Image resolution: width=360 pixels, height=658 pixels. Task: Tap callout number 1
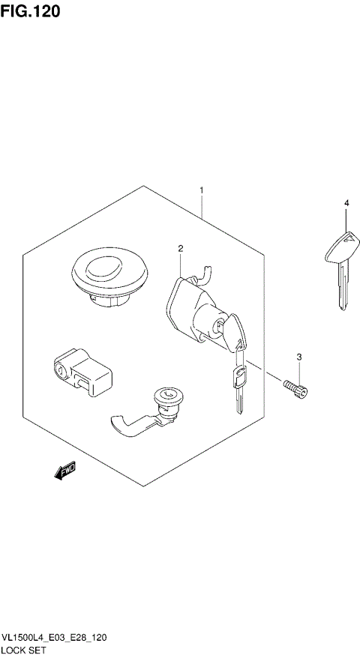(201, 191)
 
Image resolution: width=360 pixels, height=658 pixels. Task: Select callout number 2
(181, 248)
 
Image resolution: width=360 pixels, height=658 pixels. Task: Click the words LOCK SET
(24, 651)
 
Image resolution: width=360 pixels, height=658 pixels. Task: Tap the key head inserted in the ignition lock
(234, 330)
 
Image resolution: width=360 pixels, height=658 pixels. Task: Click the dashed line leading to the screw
(265, 369)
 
